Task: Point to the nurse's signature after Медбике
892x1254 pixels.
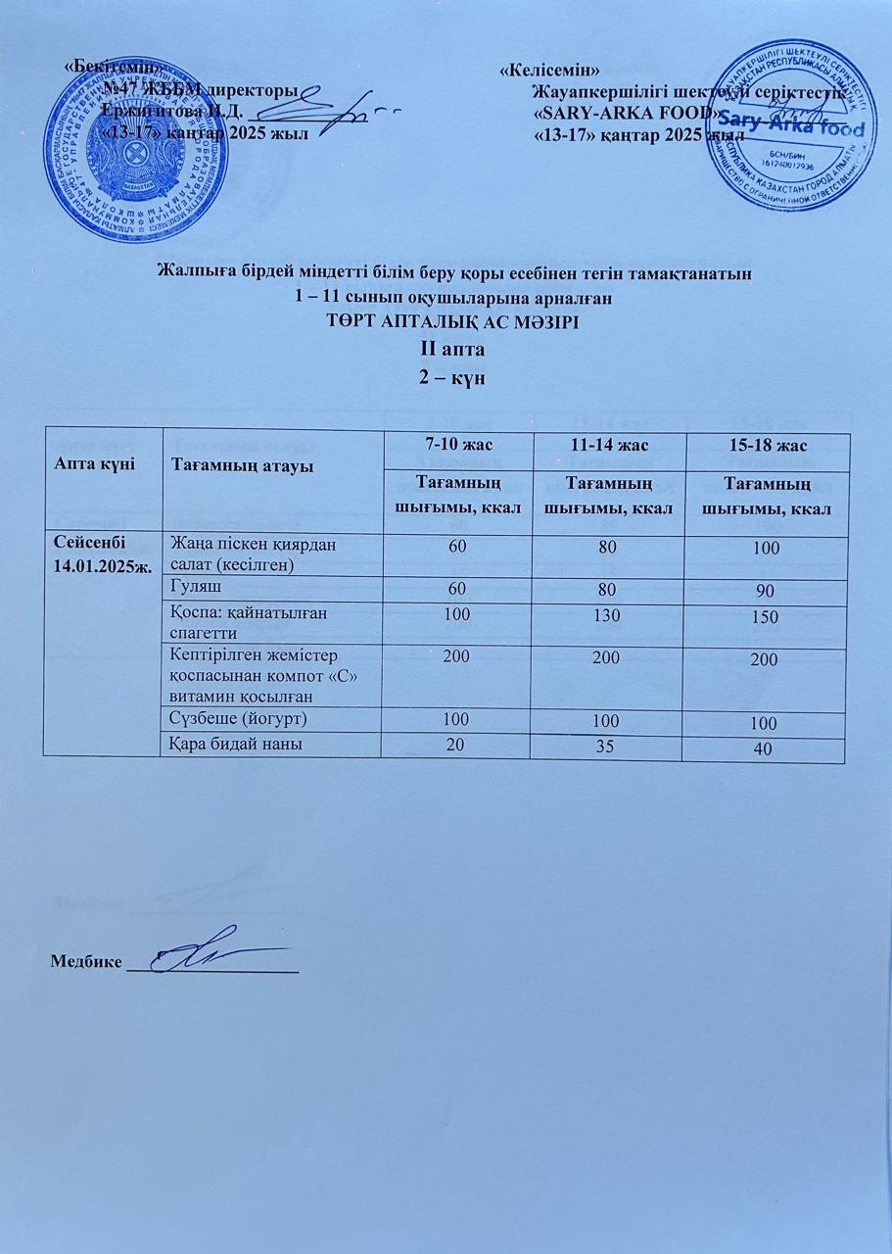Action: [211, 949]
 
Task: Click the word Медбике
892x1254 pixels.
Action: [86, 961]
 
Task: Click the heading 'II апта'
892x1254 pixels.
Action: [446, 349]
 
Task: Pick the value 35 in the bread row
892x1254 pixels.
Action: [608, 748]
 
